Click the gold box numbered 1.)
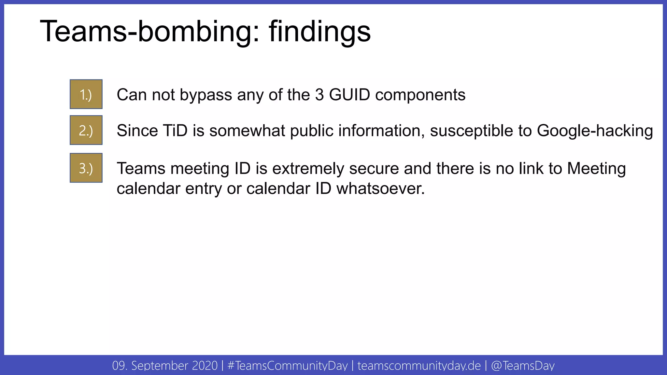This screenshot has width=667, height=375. tap(86, 94)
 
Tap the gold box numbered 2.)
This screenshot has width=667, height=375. tap(86, 130)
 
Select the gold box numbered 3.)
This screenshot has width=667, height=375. tap(86, 168)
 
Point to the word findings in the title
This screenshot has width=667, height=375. tap(319, 32)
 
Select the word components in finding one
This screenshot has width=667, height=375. tap(420, 95)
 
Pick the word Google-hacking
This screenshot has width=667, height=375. tap(595, 131)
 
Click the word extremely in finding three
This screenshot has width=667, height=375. tap(308, 169)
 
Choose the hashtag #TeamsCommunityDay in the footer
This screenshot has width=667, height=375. tap(288, 366)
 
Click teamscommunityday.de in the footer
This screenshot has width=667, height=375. tap(419, 366)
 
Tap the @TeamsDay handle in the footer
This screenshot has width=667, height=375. tap(522, 366)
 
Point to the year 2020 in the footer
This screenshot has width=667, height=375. tap(205, 366)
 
